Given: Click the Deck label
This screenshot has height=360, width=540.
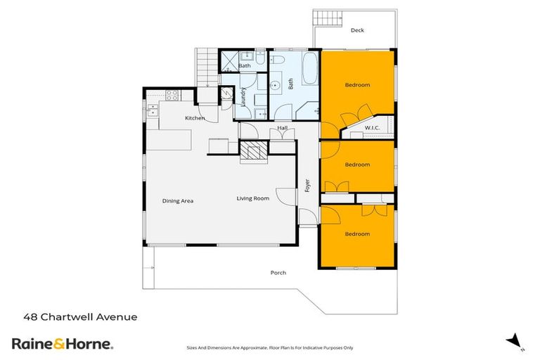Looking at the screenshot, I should click(x=357, y=30).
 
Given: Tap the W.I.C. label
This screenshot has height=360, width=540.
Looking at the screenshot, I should click(x=372, y=127).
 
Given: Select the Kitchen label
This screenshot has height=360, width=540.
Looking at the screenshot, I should click(x=195, y=118).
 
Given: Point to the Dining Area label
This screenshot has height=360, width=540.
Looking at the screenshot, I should click(x=178, y=201).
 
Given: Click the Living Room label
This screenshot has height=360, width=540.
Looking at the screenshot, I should click(x=252, y=198).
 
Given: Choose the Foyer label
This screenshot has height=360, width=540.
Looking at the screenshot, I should click(x=307, y=186).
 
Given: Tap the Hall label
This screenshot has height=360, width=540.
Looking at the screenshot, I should click(x=282, y=128).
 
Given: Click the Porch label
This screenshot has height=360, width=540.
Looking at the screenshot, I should click(x=278, y=273).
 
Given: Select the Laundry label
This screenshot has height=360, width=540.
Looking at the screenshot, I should click(x=243, y=96).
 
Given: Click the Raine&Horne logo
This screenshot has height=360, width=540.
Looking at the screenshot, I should click(x=62, y=344).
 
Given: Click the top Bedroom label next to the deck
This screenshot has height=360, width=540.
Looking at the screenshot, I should click(x=357, y=85).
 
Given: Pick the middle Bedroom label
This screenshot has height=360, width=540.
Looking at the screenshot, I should click(x=357, y=165).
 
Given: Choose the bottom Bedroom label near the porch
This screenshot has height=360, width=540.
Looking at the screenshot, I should click(x=357, y=233).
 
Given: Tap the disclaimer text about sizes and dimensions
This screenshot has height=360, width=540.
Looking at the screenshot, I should click(x=270, y=347).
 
